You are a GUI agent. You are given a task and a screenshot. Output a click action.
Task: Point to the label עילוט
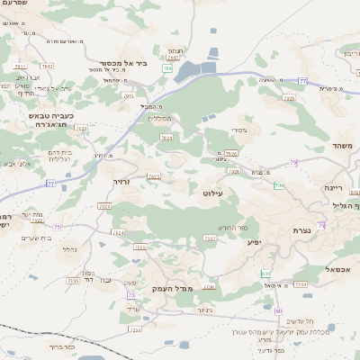(213, 192)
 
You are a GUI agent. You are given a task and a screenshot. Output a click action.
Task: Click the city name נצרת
(301, 230)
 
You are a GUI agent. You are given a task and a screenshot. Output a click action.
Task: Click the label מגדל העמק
(174, 287)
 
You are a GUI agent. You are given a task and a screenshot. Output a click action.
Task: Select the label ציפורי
(239, 130)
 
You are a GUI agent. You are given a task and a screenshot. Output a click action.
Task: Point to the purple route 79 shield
(293, 163)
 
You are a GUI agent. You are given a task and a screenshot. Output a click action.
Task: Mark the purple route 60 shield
(280, 310)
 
